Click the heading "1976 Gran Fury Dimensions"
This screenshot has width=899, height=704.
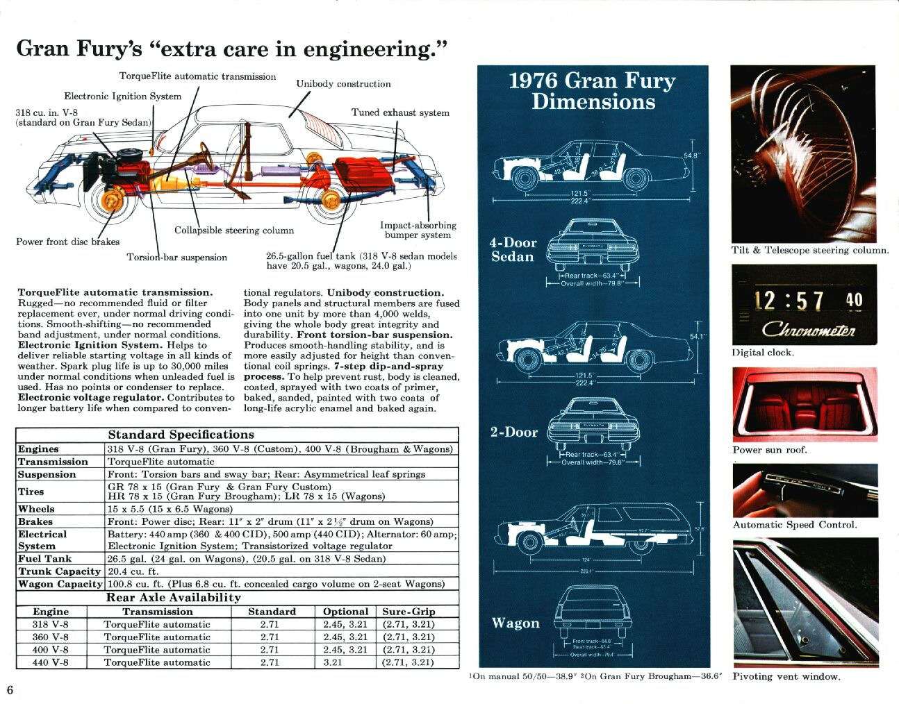point(592,91)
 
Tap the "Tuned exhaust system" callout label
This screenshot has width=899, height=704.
point(400,112)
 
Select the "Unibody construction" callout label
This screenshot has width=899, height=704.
point(343,84)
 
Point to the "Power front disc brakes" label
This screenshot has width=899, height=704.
point(67,242)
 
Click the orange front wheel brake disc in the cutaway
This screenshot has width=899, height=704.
point(110,202)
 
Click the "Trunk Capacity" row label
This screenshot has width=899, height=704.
point(60,571)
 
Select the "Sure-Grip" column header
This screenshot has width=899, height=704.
point(409,612)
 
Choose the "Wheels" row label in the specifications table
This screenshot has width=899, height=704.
point(36,509)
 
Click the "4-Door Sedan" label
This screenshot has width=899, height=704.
point(513,250)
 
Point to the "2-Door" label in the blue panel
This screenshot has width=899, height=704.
point(513,432)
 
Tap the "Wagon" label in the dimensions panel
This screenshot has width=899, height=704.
point(516,623)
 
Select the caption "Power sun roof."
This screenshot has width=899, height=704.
point(770,450)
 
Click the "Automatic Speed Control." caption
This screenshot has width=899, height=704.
point(795,525)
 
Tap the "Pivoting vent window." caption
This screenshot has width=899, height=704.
point(786,676)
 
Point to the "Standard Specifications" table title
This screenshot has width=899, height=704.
point(181,435)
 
